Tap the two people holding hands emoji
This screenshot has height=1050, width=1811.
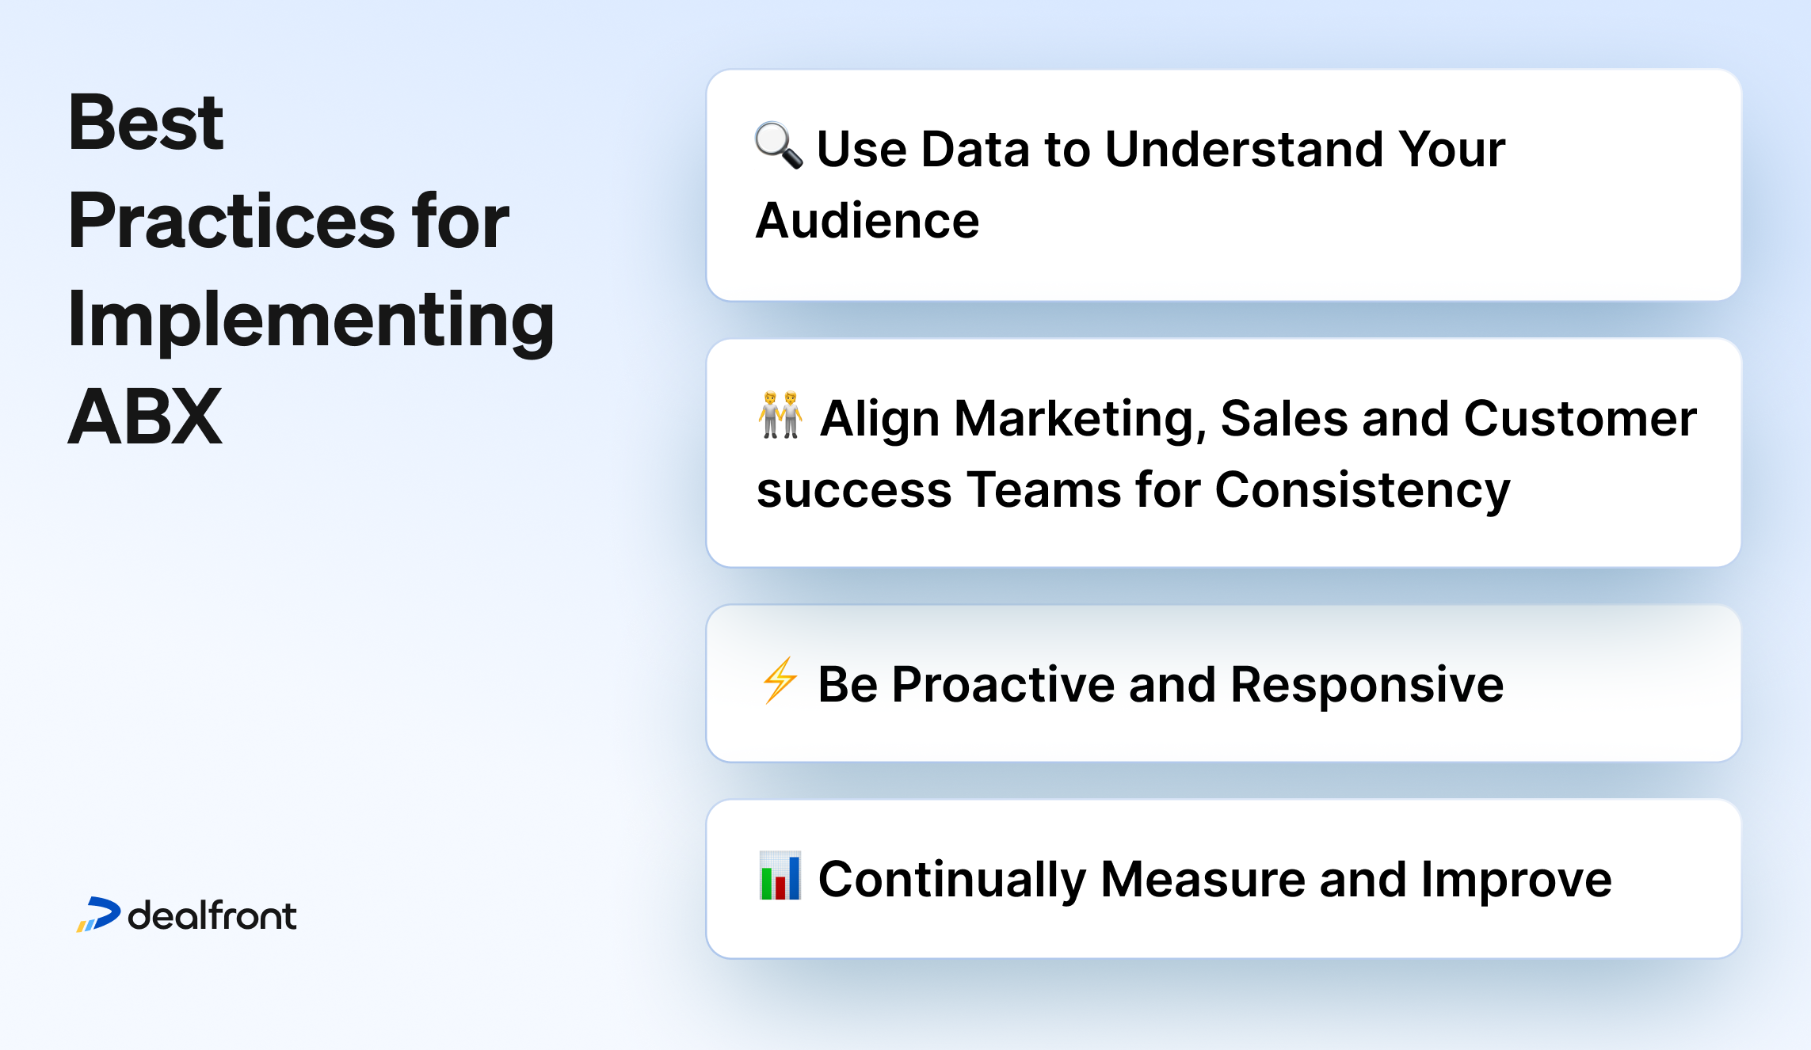coord(780,415)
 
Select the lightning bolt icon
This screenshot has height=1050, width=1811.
coord(780,680)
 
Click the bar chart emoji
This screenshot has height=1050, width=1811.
coord(780,876)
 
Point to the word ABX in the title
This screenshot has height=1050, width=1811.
coord(144,417)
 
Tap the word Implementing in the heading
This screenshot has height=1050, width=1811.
coord(311,321)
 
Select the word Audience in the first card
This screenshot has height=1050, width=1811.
coord(867,221)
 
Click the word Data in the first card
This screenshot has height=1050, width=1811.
coord(974,149)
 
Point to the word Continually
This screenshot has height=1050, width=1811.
coord(951,880)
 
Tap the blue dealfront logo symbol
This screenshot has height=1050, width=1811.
coord(99,915)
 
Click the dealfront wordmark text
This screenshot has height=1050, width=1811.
coord(212,915)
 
